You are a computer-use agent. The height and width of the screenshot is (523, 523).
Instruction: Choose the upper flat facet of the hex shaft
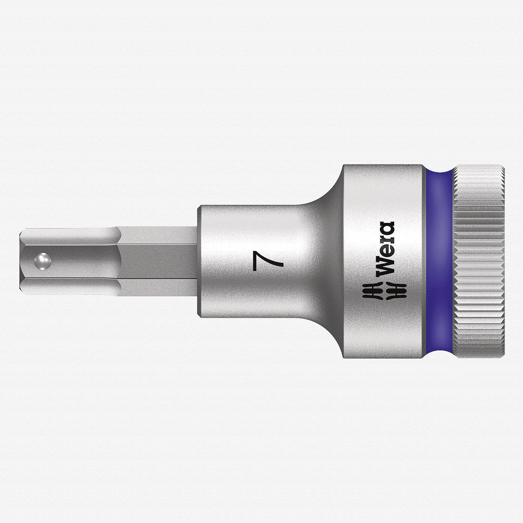click(143, 238)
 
